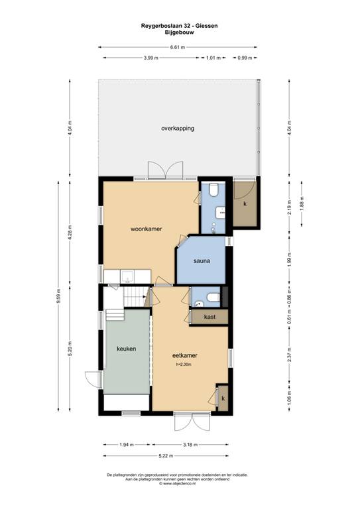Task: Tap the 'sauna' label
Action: (202, 261)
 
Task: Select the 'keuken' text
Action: (126, 349)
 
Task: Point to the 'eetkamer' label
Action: (187, 355)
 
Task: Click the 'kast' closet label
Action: (210, 317)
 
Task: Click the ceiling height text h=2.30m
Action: (185, 365)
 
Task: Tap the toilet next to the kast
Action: (210, 298)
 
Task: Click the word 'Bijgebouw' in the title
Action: (180, 31)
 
